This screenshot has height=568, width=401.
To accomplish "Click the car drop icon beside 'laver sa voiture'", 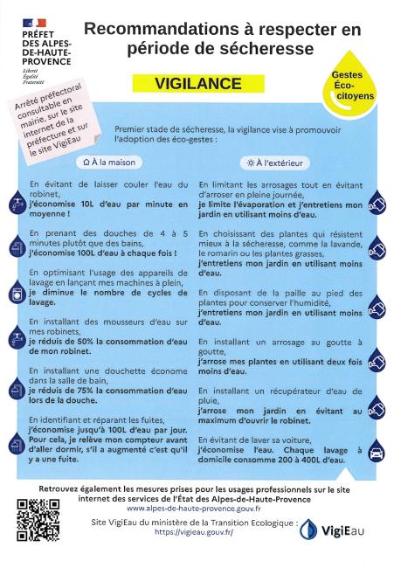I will [377, 452].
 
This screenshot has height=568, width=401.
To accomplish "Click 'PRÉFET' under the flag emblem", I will [35, 34].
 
